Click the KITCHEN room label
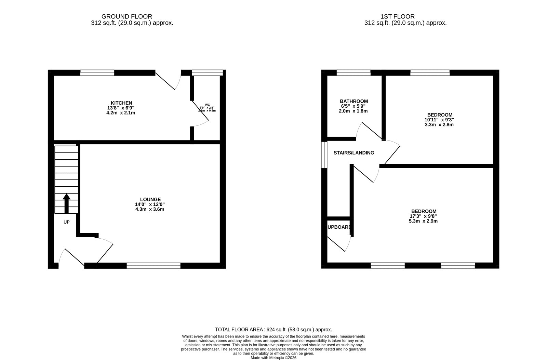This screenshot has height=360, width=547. pyautogui.click(x=121, y=103)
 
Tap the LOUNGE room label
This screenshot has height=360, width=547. pyautogui.click(x=150, y=199)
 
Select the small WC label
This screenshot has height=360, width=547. pyautogui.click(x=207, y=105)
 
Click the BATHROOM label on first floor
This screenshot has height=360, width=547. pyautogui.click(x=354, y=101)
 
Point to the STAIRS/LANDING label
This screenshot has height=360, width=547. pyautogui.click(x=354, y=153)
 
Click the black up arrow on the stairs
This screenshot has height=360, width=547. pyautogui.click(x=66, y=204)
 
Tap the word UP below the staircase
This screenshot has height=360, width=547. pyautogui.click(x=66, y=222)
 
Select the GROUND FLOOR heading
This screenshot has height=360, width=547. pyautogui.click(x=127, y=16)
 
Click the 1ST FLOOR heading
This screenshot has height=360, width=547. pyautogui.click(x=397, y=16)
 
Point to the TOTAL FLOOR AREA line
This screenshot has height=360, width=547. pyautogui.click(x=273, y=330)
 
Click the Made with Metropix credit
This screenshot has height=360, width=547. pyautogui.click(x=273, y=358)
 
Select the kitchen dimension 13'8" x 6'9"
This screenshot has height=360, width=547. pyautogui.click(x=121, y=108)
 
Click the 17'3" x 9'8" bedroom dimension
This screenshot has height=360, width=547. pyautogui.click(x=423, y=216)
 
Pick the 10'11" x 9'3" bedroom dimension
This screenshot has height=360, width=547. pyautogui.click(x=439, y=120)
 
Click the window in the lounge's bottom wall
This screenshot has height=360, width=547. pyautogui.click(x=154, y=265)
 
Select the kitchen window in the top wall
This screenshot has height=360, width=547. pyautogui.click(x=97, y=72)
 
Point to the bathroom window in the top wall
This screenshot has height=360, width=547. pyautogui.click(x=353, y=72)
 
